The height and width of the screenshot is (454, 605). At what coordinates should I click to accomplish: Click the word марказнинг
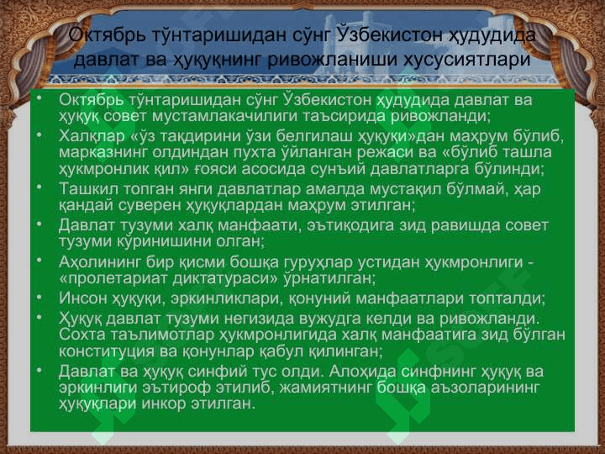[x=103, y=153]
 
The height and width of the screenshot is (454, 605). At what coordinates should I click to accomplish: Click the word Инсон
[x=82, y=298]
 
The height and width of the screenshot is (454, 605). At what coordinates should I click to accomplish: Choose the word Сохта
[x=82, y=335]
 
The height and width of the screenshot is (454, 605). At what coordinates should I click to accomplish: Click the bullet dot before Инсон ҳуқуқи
[x=39, y=297]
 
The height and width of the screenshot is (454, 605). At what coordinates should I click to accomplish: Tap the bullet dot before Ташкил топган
[x=39, y=187]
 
